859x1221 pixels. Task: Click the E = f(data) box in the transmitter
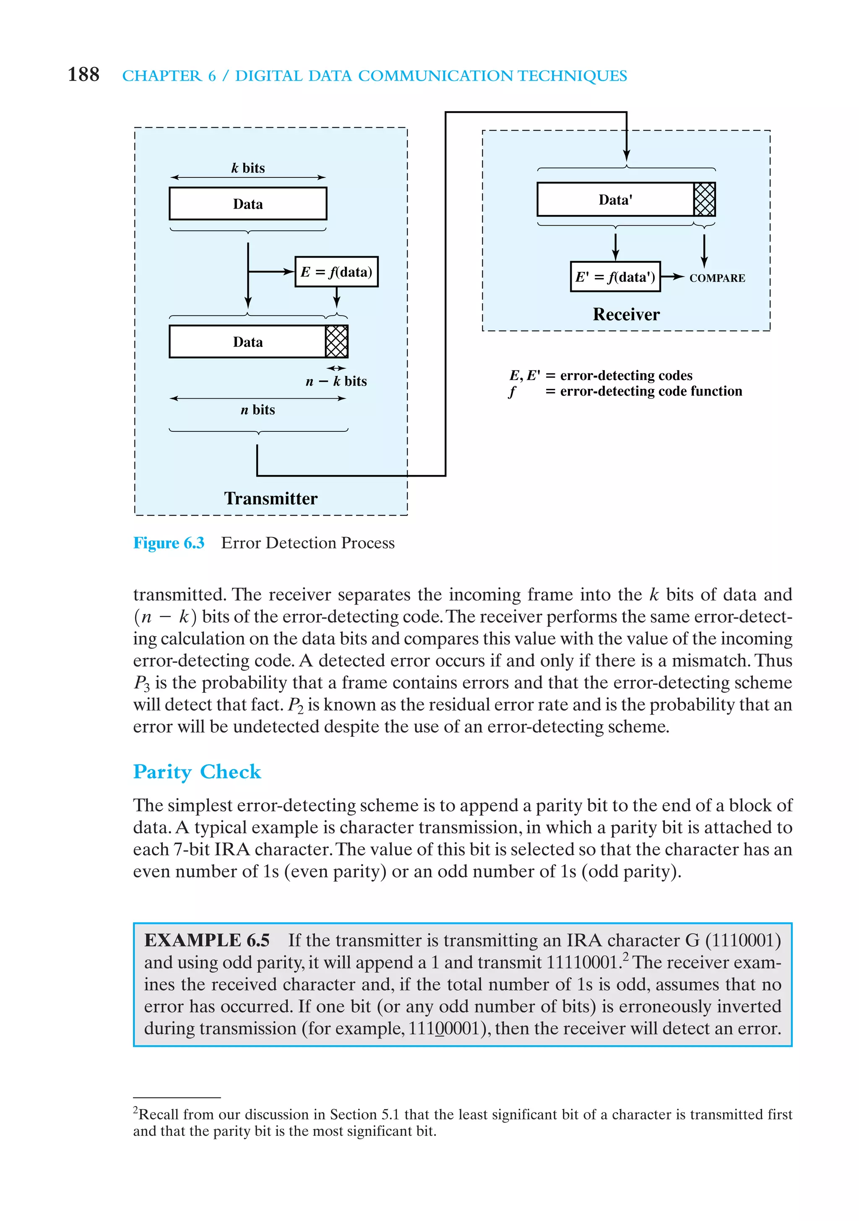point(336,272)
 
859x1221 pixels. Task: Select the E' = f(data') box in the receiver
point(615,277)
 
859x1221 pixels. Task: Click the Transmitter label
point(271,498)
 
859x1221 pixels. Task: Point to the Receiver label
point(626,314)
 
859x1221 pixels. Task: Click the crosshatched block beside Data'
point(704,199)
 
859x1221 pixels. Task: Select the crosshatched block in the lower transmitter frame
point(336,342)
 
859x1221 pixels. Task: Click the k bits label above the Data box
point(248,168)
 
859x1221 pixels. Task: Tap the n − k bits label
point(336,381)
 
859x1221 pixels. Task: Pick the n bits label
point(258,410)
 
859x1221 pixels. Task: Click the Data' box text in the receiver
point(615,200)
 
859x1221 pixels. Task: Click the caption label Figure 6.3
point(169,543)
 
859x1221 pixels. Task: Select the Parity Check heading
point(197,772)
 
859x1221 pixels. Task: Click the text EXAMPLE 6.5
point(207,940)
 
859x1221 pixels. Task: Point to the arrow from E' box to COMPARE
point(672,277)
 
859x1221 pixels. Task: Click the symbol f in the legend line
point(512,392)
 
